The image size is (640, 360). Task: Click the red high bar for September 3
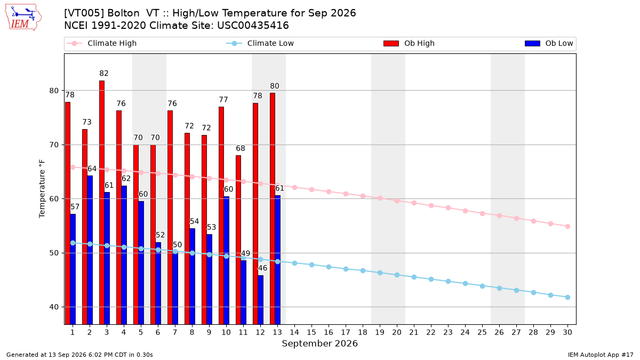pos(102,203)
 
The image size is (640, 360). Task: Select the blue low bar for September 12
pos(261,300)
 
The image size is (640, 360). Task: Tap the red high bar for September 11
pos(238,240)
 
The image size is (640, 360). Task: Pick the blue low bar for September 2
pos(90,250)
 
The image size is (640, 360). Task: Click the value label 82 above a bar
pos(104,74)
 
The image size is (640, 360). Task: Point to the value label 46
pos(262,268)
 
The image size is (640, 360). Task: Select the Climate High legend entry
pos(102,43)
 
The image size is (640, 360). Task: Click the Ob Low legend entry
pos(549,43)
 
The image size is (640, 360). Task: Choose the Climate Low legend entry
pos(260,43)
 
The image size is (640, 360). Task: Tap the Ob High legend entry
pos(409,43)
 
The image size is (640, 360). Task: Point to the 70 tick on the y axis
pos(53,145)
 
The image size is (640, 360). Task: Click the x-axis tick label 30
pos(567,332)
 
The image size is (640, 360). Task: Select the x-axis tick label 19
pos(380,332)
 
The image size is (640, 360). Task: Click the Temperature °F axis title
pos(42,189)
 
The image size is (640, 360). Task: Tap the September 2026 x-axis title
pos(319,343)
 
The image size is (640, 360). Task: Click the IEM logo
pos(23,18)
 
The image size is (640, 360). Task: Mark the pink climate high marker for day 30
pos(567,226)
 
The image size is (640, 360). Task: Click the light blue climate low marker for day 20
pos(397,275)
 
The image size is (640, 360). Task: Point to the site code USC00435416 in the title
pos(253,26)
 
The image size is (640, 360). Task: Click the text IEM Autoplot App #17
pos(601,355)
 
